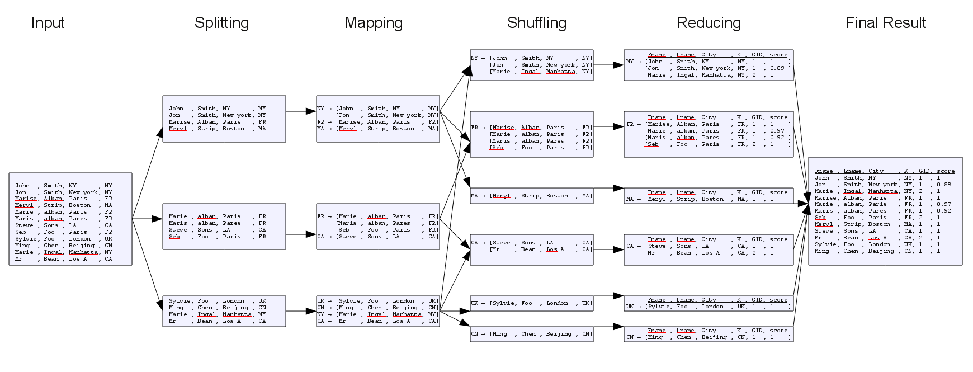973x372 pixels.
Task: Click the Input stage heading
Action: point(48,23)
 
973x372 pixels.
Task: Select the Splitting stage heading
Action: point(221,23)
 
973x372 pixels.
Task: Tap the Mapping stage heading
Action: point(374,23)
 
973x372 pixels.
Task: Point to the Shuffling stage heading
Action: point(536,23)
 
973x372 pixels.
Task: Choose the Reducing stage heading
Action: point(709,23)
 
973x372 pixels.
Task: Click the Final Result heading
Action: point(885,23)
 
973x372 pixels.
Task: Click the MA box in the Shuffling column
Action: point(531,196)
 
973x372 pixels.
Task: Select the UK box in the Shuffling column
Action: point(531,303)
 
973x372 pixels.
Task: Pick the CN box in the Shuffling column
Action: point(531,334)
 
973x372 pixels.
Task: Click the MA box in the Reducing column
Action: point(709,196)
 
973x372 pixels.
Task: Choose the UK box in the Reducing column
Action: point(709,303)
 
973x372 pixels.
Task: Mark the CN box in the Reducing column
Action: point(709,334)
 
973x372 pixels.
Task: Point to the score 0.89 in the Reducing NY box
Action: point(777,68)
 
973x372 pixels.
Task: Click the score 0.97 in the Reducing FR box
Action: point(777,131)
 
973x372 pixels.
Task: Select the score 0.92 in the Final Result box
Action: point(943,211)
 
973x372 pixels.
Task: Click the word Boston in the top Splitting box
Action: point(233,129)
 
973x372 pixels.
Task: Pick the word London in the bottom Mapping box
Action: point(403,301)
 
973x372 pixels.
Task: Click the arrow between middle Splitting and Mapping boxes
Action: point(301,234)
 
